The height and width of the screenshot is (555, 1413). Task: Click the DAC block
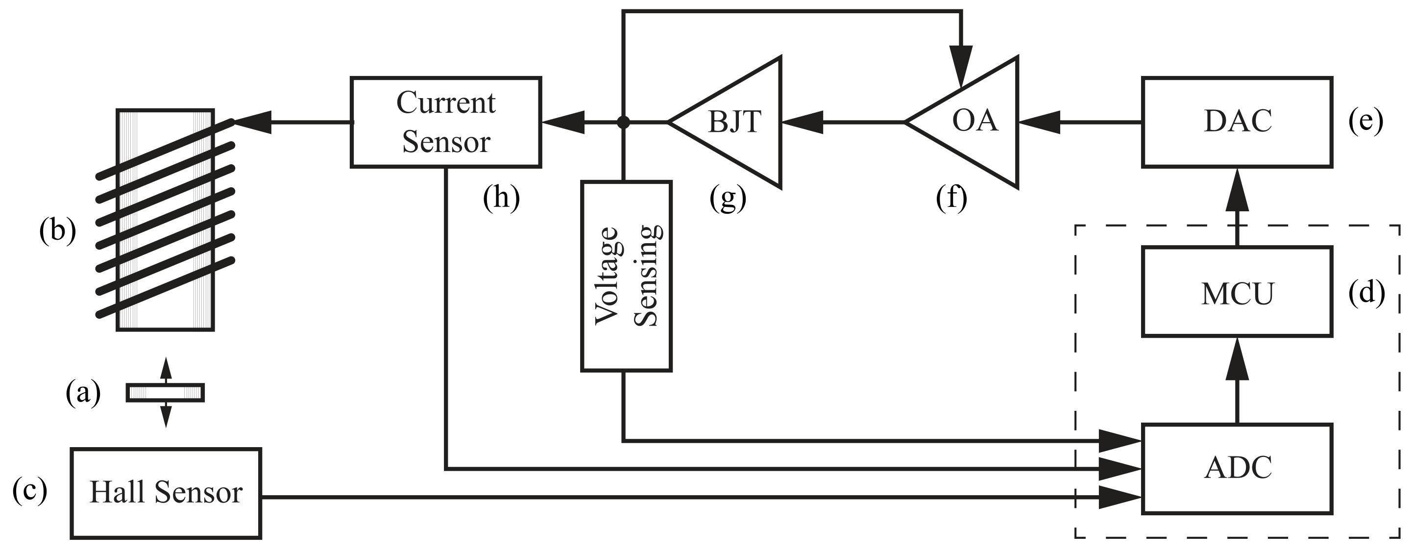tap(1237, 122)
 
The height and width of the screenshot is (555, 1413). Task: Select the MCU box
tap(1237, 293)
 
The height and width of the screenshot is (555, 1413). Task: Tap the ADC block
tap(1237, 468)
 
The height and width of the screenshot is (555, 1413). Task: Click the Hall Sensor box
tap(166, 493)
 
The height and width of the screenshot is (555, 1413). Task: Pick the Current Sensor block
tap(445, 122)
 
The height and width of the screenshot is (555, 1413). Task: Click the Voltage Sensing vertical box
tap(626, 276)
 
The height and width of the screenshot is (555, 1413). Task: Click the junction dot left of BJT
tap(623, 122)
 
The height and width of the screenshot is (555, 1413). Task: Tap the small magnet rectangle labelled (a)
tap(165, 393)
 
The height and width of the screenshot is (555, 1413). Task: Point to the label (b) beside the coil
tap(57, 230)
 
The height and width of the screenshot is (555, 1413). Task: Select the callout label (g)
tap(728, 198)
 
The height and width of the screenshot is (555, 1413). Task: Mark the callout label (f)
tap(951, 198)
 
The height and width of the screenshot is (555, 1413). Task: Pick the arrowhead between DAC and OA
tap(1038, 122)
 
